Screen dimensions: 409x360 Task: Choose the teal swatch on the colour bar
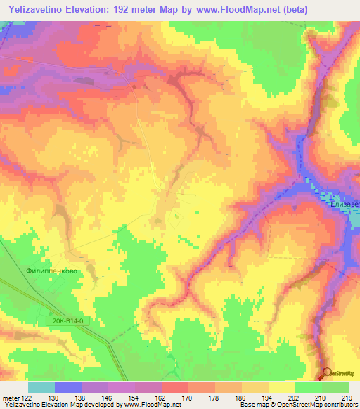pos(41,387)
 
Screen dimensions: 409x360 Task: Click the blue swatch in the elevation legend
pos(68,387)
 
